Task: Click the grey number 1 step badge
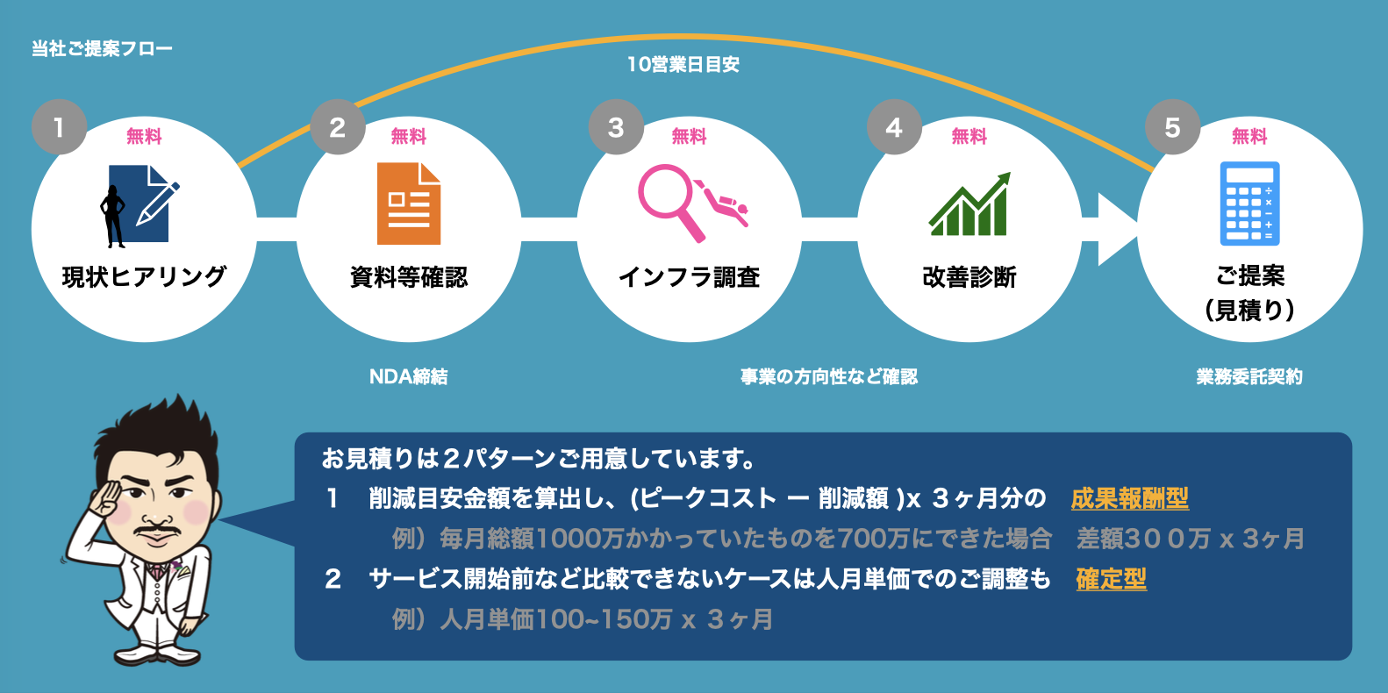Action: [59, 127]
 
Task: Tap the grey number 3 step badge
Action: [616, 127]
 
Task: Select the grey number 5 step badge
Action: [1172, 127]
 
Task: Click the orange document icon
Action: [409, 204]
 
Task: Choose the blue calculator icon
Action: [1249, 204]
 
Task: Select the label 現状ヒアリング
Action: [144, 277]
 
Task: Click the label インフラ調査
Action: [689, 277]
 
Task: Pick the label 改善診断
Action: [969, 277]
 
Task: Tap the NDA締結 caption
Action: [409, 376]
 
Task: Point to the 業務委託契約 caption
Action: [1249, 376]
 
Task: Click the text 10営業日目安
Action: [683, 64]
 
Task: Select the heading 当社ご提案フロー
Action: [102, 48]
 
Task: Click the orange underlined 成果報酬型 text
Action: [1130, 498]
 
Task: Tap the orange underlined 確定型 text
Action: [1112, 579]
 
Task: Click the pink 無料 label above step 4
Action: [969, 136]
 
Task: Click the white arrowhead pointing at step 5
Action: [1116, 230]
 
